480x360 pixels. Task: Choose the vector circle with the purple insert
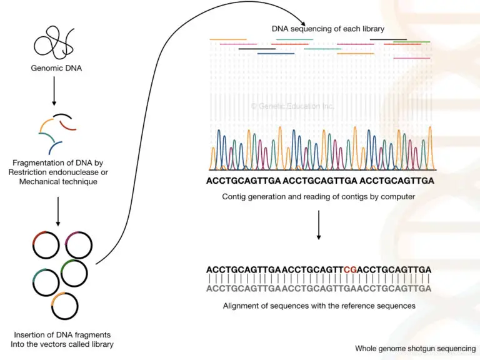tap(79, 245)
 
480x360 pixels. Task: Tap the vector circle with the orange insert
tap(64, 306)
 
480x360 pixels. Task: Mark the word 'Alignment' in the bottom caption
tap(242, 306)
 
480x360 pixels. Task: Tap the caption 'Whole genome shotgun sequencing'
tap(415, 349)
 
